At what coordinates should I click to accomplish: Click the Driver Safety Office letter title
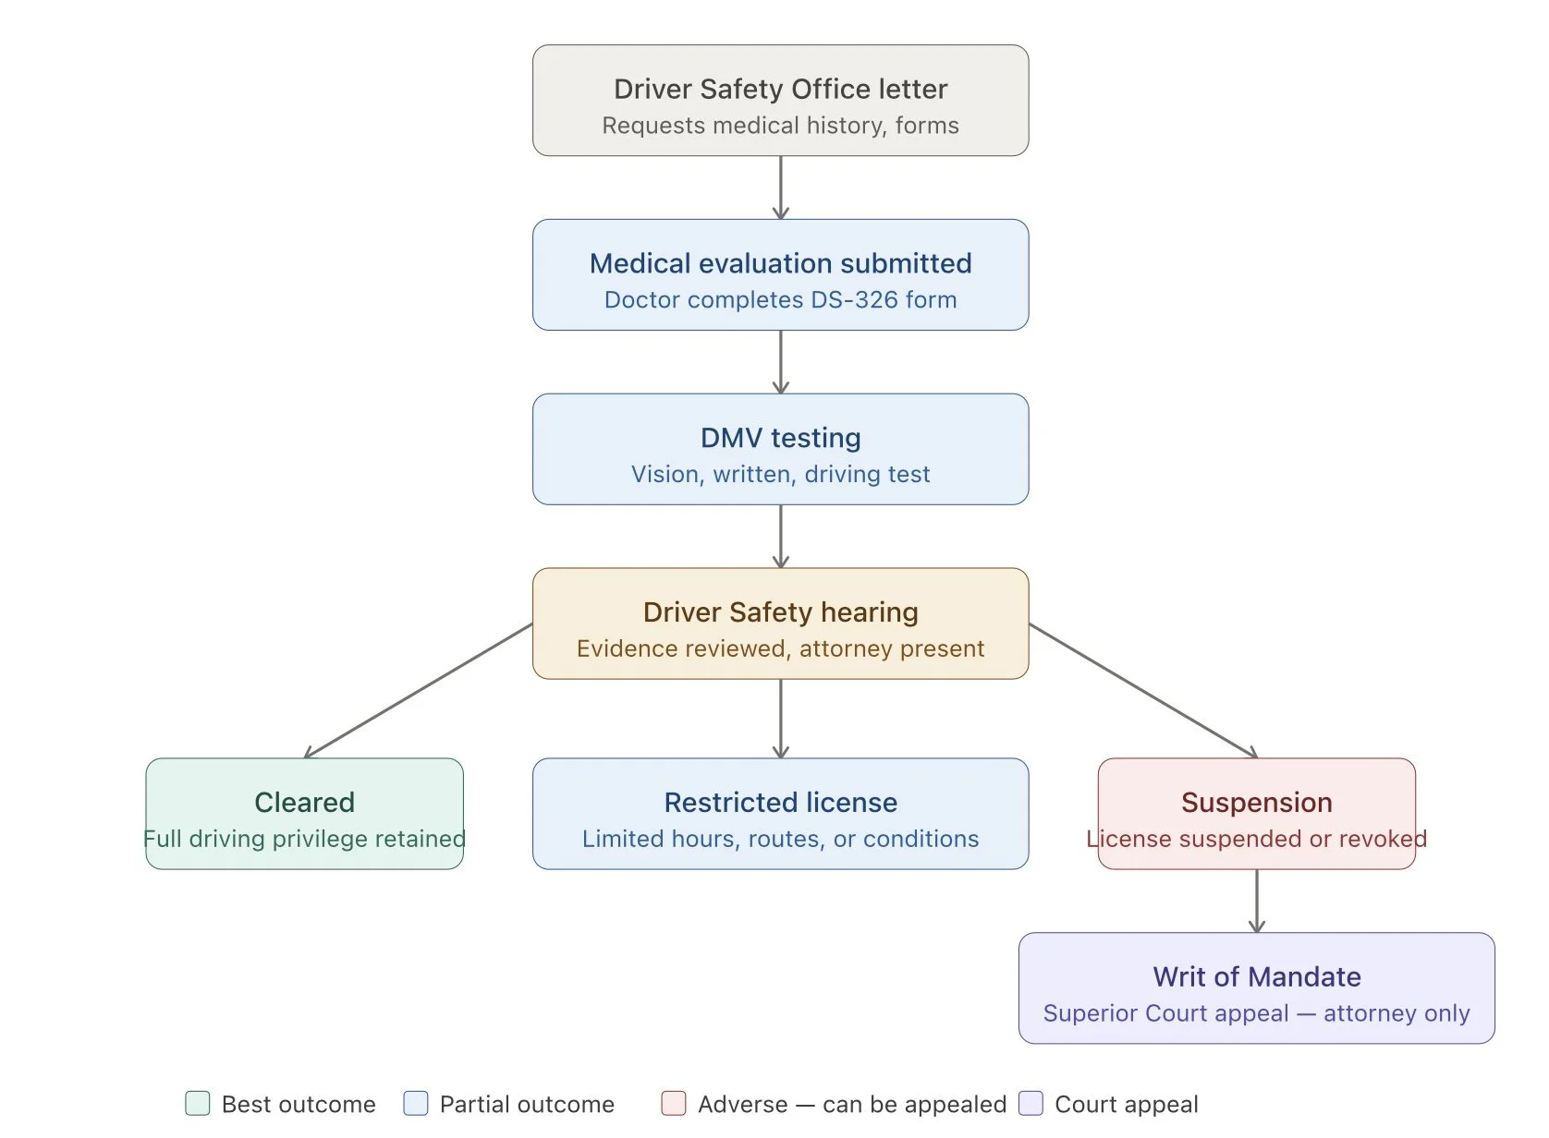(x=780, y=89)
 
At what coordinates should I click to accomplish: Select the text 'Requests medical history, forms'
(x=780, y=126)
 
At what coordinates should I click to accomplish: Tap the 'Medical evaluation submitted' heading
(x=780, y=263)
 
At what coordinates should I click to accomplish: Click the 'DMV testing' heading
(x=780, y=438)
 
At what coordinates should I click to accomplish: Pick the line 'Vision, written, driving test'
(x=780, y=475)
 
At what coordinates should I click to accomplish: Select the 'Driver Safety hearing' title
(x=780, y=612)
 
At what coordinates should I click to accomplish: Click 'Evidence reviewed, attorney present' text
(x=780, y=649)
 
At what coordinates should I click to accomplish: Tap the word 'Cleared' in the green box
(x=304, y=803)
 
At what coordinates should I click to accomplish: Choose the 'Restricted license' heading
(x=780, y=803)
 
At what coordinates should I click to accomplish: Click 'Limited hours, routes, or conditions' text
(x=780, y=840)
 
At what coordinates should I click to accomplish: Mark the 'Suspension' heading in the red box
(x=1256, y=803)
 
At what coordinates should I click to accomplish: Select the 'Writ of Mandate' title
(x=1256, y=977)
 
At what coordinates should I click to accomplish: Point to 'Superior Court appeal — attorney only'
(x=1256, y=1014)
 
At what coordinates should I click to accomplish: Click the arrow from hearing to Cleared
(x=419, y=691)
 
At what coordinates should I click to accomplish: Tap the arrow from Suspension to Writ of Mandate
(x=1256, y=901)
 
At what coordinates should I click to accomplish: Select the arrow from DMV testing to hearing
(x=780, y=536)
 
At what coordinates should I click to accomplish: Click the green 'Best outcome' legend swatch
(x=197, y=1104)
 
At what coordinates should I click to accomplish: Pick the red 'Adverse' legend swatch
(x=674, y=1104)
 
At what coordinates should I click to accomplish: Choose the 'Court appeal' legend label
(x=1126, y=1105)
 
